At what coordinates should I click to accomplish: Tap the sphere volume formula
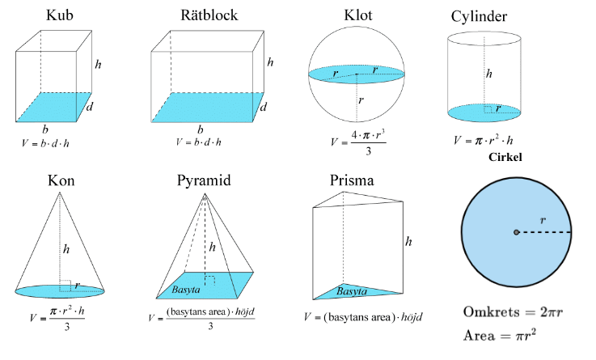pos(359,141)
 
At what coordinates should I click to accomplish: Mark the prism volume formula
pos(365,317)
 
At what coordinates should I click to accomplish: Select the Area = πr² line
pos(501,334)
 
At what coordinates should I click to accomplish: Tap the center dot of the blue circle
pos(516,232)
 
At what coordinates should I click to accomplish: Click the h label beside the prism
pos(410,241)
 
